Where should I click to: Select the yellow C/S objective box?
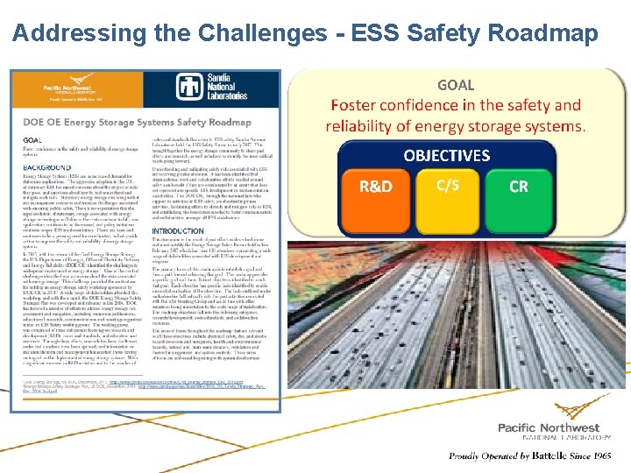point(449,184)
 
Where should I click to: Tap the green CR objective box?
point(519,187)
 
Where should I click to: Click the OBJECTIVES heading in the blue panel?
point(446,156)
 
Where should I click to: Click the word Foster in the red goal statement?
point(358,105)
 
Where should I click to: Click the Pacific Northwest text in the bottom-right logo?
point(549,427)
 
